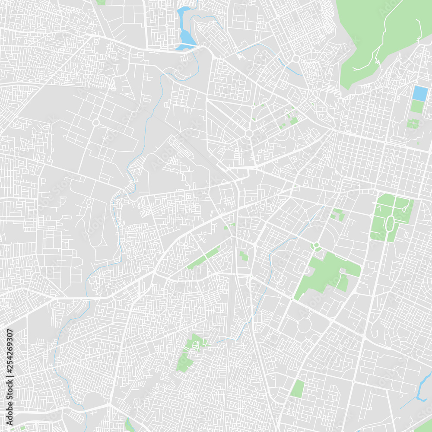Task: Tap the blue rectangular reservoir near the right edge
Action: point(420,93)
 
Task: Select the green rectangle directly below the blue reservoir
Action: point(417,106)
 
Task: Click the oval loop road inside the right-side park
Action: point(390,224)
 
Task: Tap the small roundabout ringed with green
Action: point(316,246)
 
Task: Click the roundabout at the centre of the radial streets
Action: point(248,133)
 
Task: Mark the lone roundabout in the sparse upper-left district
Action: point(95,123)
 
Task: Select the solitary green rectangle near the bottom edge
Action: point(297,389)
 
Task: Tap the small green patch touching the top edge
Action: point(101,2)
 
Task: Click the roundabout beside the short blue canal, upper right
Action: point(296,58)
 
